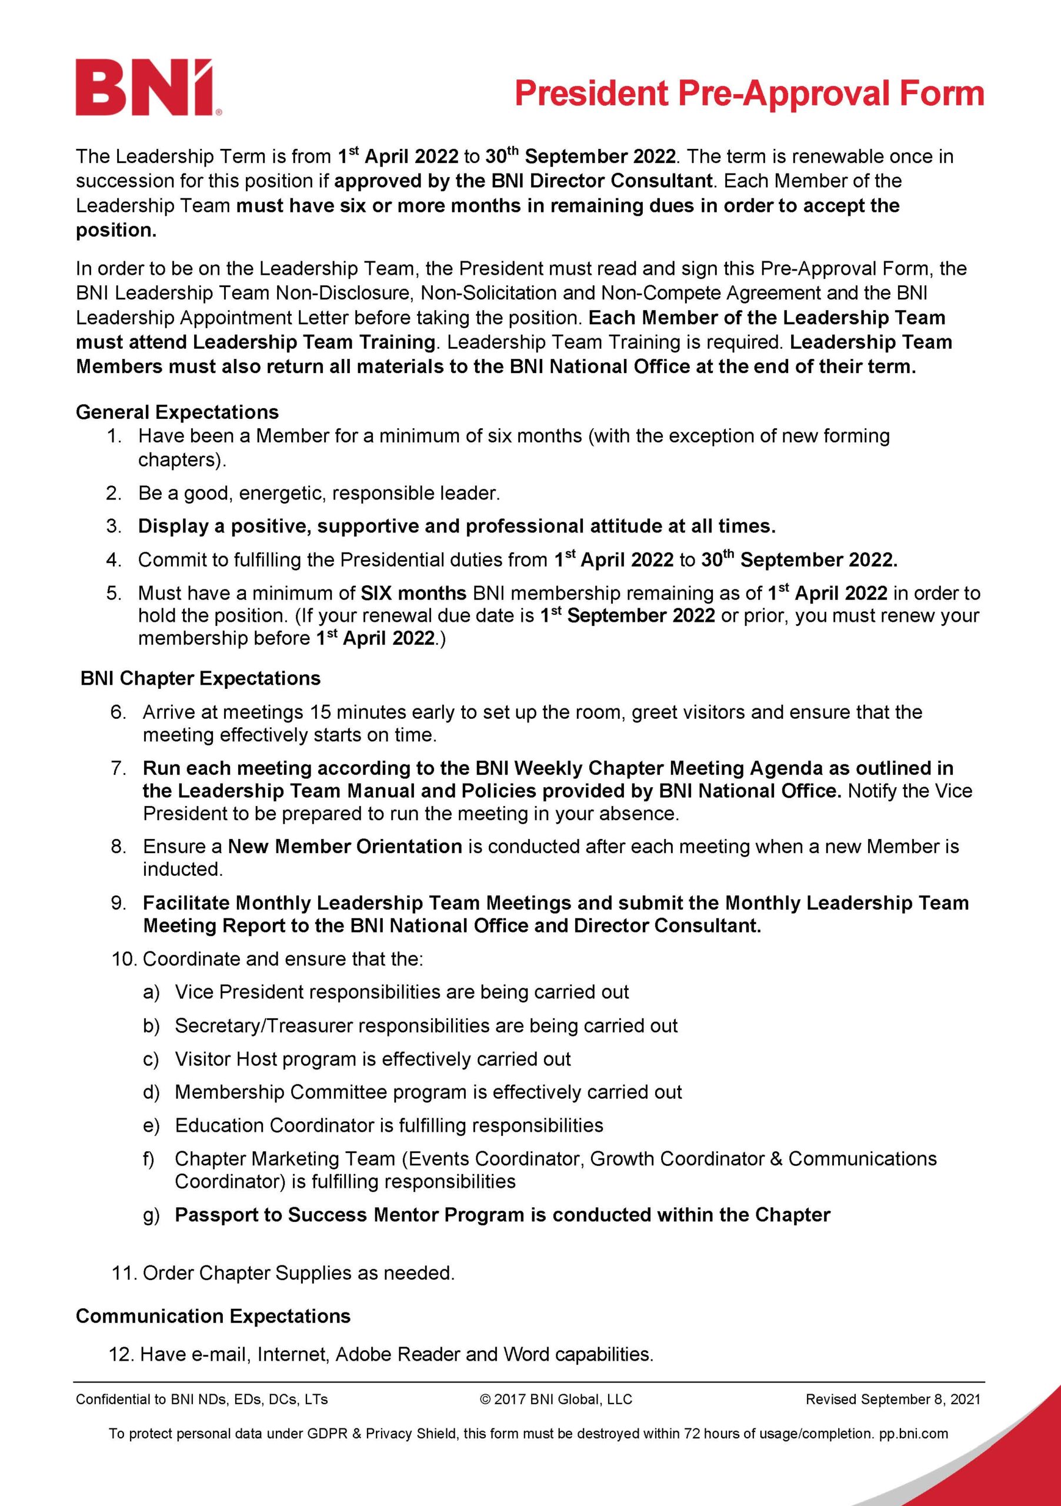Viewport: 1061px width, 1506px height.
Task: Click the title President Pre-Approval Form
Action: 749,93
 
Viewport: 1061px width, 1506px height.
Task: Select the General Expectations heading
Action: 177,412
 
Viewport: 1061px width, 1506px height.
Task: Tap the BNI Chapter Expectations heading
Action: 200,678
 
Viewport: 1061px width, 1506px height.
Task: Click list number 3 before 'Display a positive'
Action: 114,526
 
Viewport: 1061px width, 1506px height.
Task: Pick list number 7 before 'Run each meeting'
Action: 119,768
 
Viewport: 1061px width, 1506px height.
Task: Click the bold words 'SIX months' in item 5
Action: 413,593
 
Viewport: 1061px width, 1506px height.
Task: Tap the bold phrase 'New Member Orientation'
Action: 345,846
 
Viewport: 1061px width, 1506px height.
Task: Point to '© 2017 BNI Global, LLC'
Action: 556,1399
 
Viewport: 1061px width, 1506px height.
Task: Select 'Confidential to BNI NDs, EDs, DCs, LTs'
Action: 202,1399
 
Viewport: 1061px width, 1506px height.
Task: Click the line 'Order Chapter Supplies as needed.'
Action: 298,1273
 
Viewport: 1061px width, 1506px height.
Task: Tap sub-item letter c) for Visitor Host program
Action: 151,1059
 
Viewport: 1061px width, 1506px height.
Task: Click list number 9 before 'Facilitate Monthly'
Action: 119,903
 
